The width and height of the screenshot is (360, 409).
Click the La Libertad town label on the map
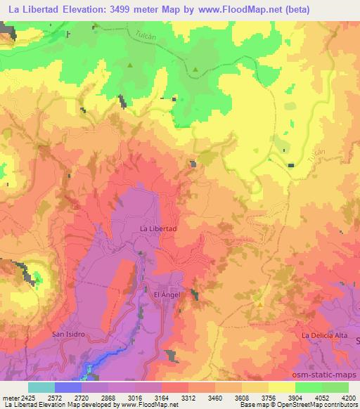click(x=158, y=229)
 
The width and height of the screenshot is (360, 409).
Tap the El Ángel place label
click(x=167, y=295)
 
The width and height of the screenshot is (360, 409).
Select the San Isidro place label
click(x=69, y=334)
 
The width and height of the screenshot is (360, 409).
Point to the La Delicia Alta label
click(x=325, y=336)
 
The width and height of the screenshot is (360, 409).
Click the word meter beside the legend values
click(x=11, y=397)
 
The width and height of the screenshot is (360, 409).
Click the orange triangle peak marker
click(x=259, y=304)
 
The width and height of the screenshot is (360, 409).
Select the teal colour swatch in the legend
click(x=41, y=387)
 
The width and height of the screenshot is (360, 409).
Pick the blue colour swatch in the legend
click(x=68, y=387)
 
